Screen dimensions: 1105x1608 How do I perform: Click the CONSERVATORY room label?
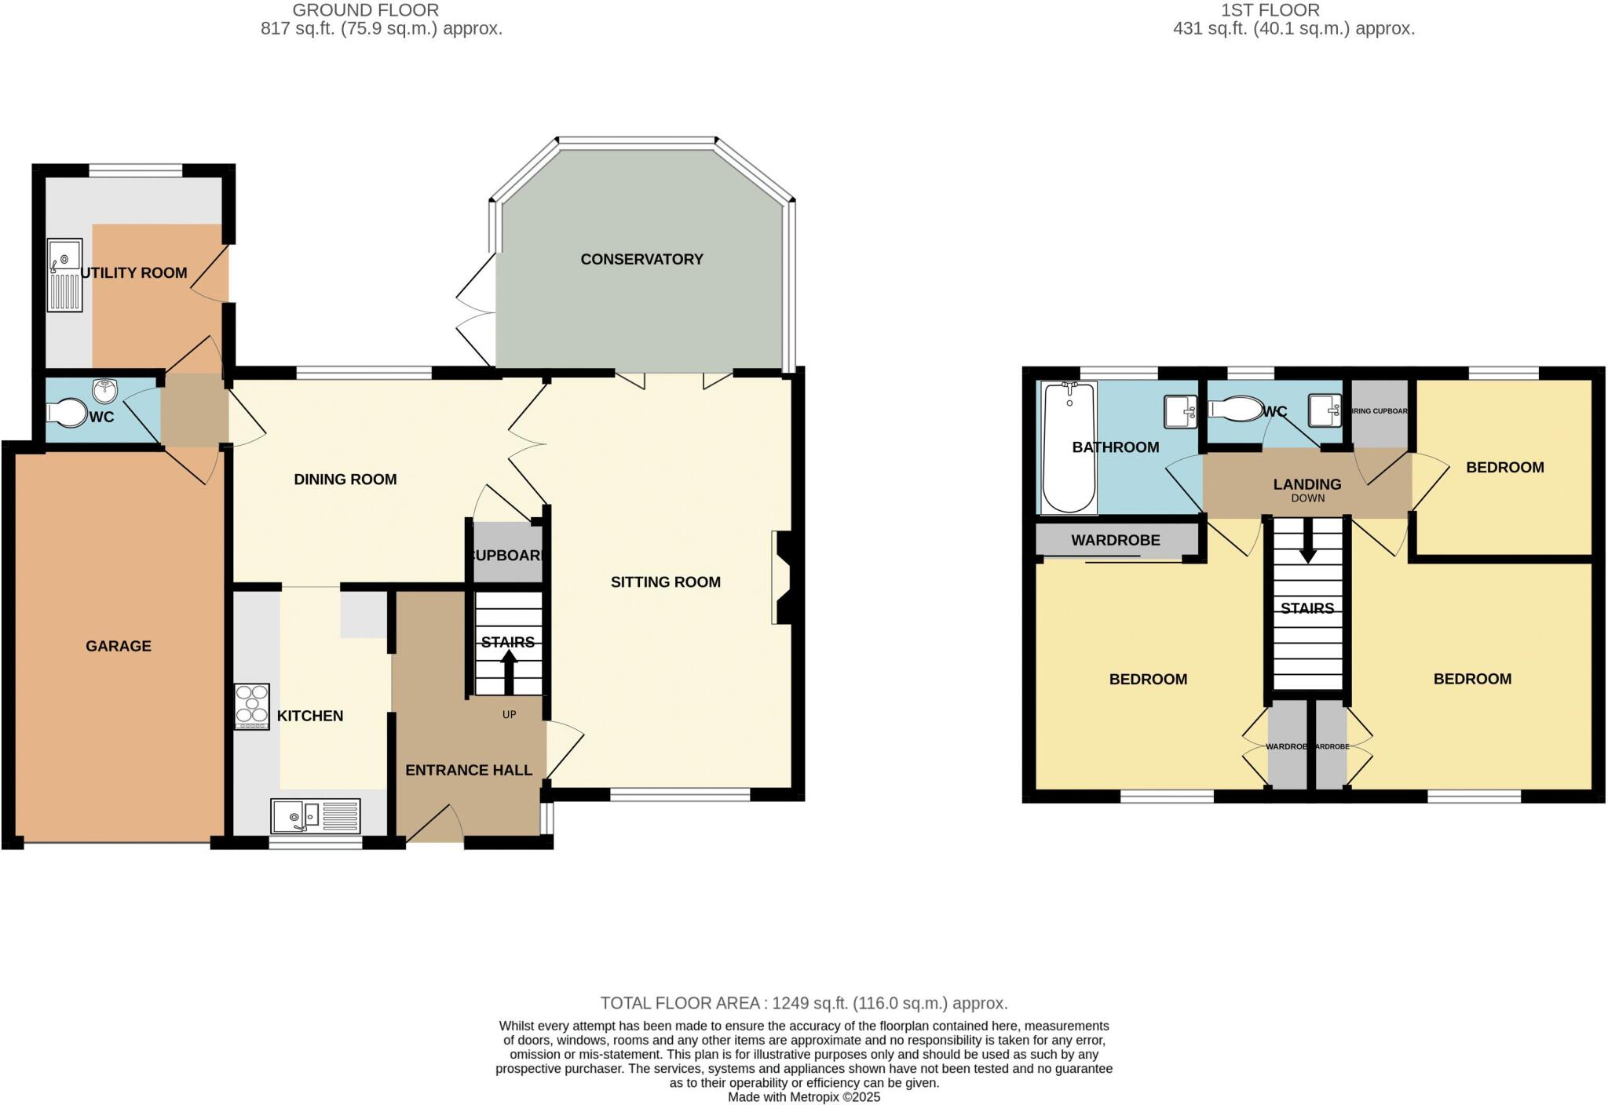click(641, 259)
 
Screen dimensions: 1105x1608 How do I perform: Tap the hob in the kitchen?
click(252, 707)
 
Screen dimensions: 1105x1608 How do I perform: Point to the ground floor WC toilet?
click(67, 413)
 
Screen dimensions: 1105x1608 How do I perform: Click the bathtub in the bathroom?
click(1069, 447)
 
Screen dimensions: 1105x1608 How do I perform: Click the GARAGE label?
click(119, 646)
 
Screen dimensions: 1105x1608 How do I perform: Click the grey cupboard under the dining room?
click(507, 553)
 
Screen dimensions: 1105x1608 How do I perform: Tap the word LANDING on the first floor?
click(1306, 484)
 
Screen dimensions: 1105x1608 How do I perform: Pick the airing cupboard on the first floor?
click(1379, 412)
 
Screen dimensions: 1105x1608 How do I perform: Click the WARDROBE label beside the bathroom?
click(1115, 541)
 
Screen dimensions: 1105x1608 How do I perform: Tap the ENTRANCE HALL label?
click(469, 770)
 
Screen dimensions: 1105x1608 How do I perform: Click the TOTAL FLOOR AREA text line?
click(803, 1003)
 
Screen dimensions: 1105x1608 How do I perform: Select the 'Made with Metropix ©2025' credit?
click(803, 1097)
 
